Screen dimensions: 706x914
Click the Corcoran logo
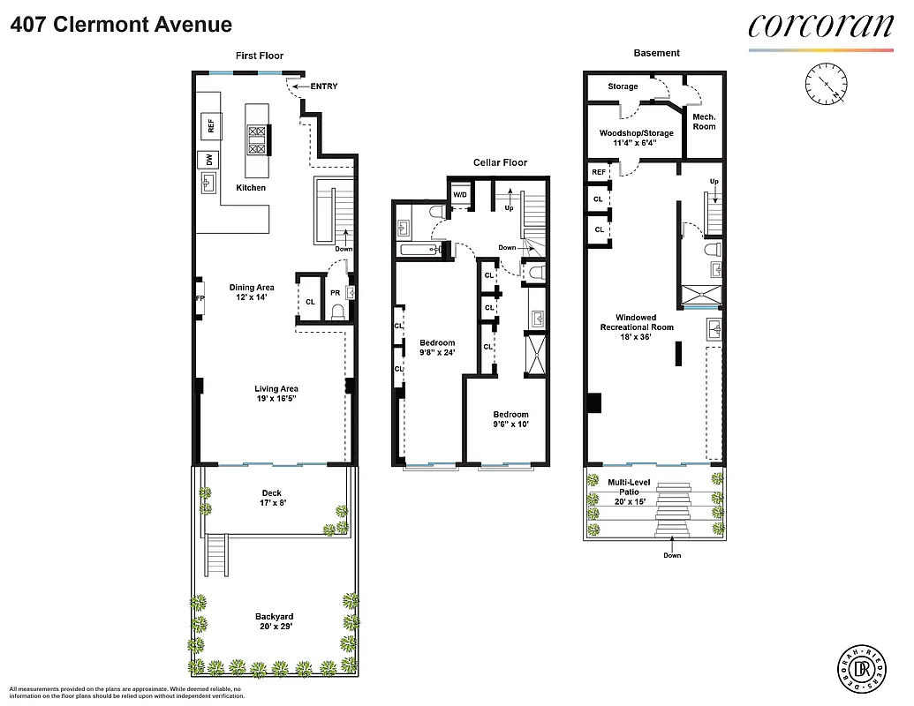click(x=820, y=26)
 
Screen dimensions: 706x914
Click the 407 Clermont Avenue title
click(x=122, y=26)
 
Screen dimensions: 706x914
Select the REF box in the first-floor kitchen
click(x=211, y=126)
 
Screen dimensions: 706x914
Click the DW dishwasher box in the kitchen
click(x=209, y=160)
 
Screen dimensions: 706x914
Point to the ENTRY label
click(x=323, y=86)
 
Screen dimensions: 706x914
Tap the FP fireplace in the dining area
click(x=200, y=298)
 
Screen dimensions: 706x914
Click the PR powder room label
click(x=335, y=293)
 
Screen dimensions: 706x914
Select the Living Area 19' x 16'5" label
click(x=276, y=394)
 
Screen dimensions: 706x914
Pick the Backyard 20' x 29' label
click(x=274, y=622)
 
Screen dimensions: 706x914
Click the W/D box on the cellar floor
click(x=460, y=195)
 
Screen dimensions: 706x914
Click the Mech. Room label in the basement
click(x=704, y=122)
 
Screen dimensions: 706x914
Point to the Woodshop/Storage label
click(x=636, y=139)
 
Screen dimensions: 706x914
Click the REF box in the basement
click(x=599, y=172)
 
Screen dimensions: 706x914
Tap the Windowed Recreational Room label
click(x=636, y=327)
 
